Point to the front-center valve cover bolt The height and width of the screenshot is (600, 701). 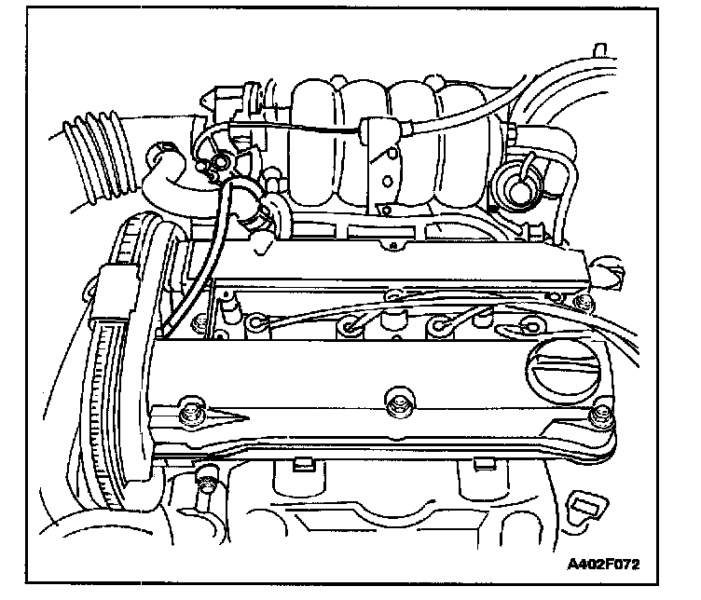click(x=395, y=404)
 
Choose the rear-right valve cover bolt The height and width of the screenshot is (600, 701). click(x=583, y=302)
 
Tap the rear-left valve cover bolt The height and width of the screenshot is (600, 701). click(x=199, y=323)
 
